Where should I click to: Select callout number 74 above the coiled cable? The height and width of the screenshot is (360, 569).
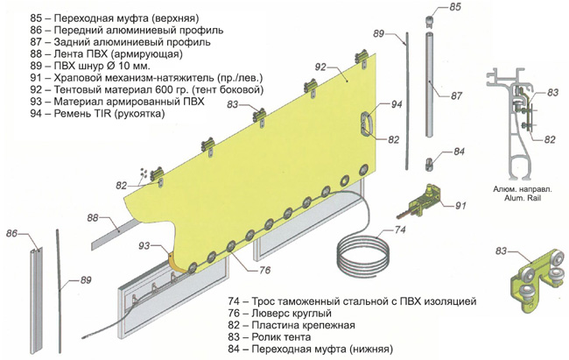click(400, 231)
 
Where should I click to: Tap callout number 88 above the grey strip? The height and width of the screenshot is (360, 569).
click(92, 216)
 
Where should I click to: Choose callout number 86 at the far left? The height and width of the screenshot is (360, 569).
click(12, 234)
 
